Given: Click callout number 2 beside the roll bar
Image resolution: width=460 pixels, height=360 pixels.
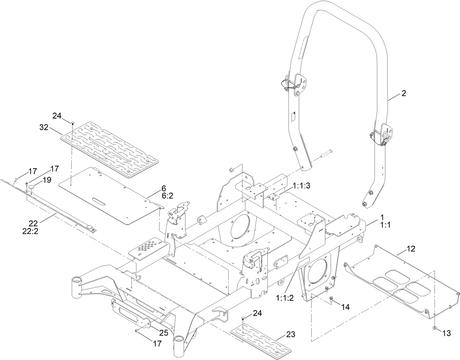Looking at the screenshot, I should tap(404, 93).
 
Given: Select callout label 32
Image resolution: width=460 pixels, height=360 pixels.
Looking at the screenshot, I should tap(44, 127).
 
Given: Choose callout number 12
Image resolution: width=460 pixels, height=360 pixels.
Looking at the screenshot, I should tap(411, 249).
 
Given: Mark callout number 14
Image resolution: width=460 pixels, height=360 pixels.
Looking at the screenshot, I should tap(345, 307).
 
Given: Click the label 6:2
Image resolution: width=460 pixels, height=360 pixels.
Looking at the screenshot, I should tap(167, 196).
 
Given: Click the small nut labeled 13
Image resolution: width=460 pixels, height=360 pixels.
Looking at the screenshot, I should tap(434, 327).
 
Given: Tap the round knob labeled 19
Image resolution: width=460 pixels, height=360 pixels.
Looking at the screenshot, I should tap(32, 187).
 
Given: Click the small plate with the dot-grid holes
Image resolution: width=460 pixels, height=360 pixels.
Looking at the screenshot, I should tap(148, 250).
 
